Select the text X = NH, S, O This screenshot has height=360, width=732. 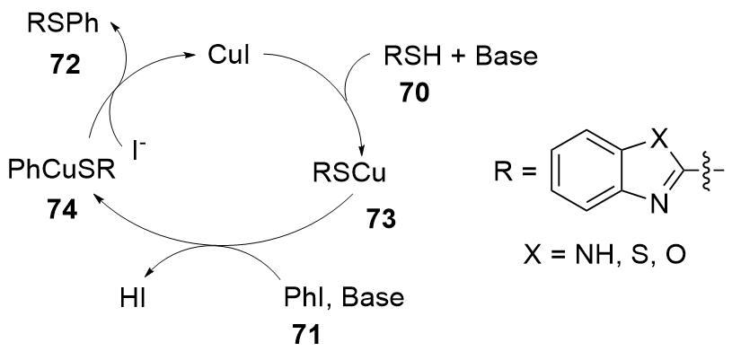point(608,259)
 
